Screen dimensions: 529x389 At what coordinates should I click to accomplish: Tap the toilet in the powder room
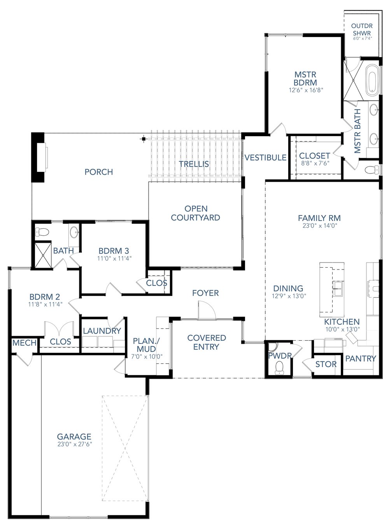279,367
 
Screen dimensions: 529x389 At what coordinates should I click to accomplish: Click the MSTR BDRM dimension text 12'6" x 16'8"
306,90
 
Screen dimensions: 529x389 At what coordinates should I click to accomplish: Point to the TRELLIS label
194,164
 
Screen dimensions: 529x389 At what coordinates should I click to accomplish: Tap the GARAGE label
74,437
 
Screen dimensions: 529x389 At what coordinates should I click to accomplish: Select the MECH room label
25,343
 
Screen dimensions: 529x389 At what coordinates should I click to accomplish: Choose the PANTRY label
361,358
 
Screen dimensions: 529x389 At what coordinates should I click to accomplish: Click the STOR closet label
326,364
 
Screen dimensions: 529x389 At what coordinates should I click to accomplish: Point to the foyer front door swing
206,310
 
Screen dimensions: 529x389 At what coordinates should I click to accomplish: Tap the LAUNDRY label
102,331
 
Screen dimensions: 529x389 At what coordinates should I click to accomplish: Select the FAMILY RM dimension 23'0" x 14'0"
319,225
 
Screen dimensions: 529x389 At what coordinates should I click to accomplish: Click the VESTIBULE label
265,158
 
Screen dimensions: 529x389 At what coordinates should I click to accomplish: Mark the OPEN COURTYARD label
195,213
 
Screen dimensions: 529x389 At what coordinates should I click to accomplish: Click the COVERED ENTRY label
206,342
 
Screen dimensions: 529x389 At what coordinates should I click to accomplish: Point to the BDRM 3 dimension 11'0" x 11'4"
114,257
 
